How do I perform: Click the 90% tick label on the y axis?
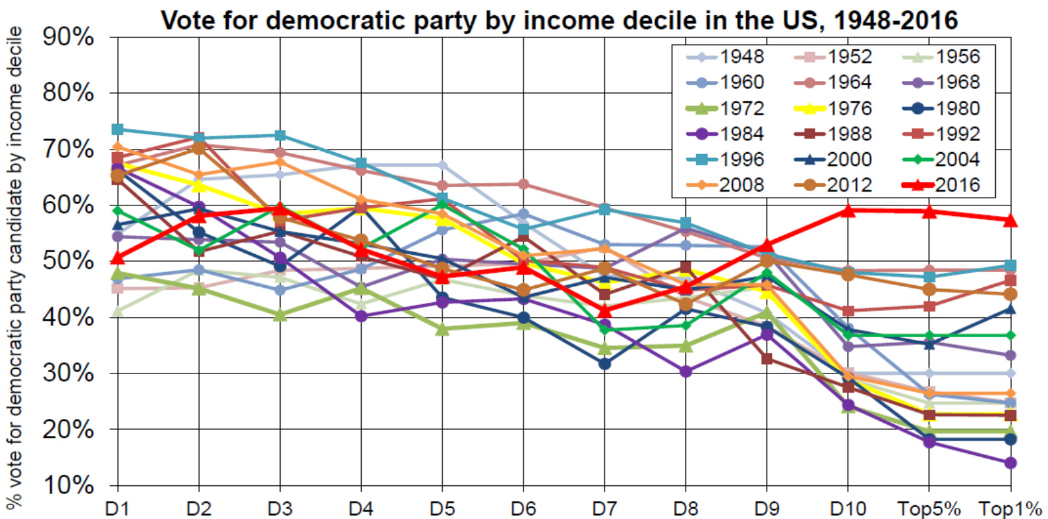(x=69, y=38)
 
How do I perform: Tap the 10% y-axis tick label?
(x=69, y=485)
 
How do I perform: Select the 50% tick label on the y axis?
(x=69, y=261)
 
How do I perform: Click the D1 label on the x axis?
(x=117, y=509)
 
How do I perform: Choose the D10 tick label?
(x=848, y=509)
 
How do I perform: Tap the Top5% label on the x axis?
(x=929, y=509)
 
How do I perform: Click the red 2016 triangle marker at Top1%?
(x=1010, y=220)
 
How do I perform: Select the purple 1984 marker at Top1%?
(x=1010, y=463)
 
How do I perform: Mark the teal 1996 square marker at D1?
(x=117, y=129)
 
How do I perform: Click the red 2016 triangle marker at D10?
(x=848, y=211)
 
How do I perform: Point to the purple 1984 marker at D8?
(x=685, y=371)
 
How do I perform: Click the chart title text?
(x=559, y=20)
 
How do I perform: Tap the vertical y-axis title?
(x=15, y=267)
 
